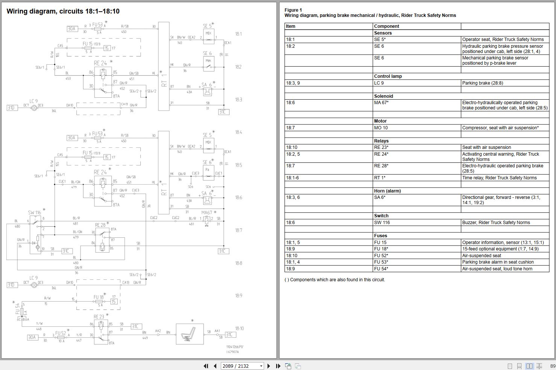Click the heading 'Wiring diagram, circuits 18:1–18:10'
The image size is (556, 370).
coord(63,11)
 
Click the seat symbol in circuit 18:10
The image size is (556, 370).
coord(190,334)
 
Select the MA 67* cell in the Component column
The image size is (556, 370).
coord(381,103)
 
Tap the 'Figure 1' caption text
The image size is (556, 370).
coord(293,10)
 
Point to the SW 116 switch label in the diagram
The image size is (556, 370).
coord(34,212)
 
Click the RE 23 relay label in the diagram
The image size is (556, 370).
coord(99,317)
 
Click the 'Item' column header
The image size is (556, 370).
coord(290,26)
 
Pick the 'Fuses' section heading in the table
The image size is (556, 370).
coord(380,236)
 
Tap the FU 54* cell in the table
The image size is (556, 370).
coord(381,269)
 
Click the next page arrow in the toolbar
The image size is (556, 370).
coord(269,366)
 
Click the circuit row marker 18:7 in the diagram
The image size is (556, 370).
coord(239,230)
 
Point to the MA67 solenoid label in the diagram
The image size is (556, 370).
coord(207,212)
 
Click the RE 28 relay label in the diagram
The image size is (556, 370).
coord(100,225)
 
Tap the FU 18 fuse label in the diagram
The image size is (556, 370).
coord(98,297)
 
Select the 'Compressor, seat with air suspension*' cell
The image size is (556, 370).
coord(500,128)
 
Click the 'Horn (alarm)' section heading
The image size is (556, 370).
coord(387,191)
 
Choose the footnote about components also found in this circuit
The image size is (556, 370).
coord(335,280)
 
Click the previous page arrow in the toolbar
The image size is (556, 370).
coord(215,366)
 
